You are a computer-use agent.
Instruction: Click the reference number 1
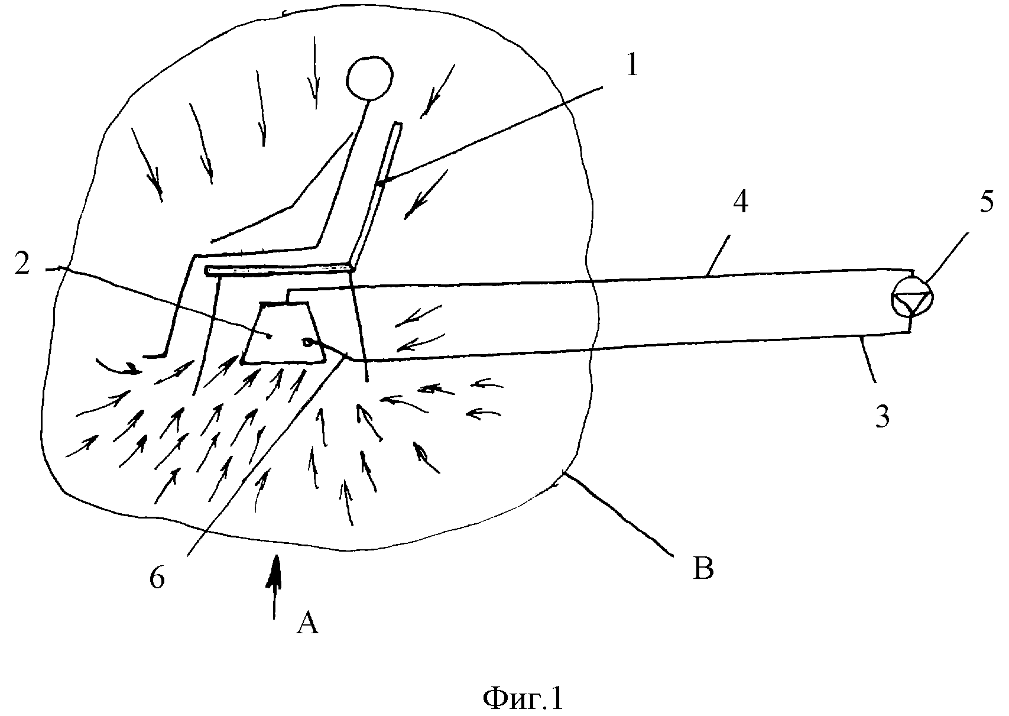tap(631, 65)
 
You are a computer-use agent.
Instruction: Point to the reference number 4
tap(740, 203)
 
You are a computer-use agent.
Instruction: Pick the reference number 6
tap(157, 578)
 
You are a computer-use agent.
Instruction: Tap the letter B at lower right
tap(703, 569)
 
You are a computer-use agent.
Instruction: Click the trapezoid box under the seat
tap(284, 334)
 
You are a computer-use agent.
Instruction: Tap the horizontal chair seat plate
tap(278, 270)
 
